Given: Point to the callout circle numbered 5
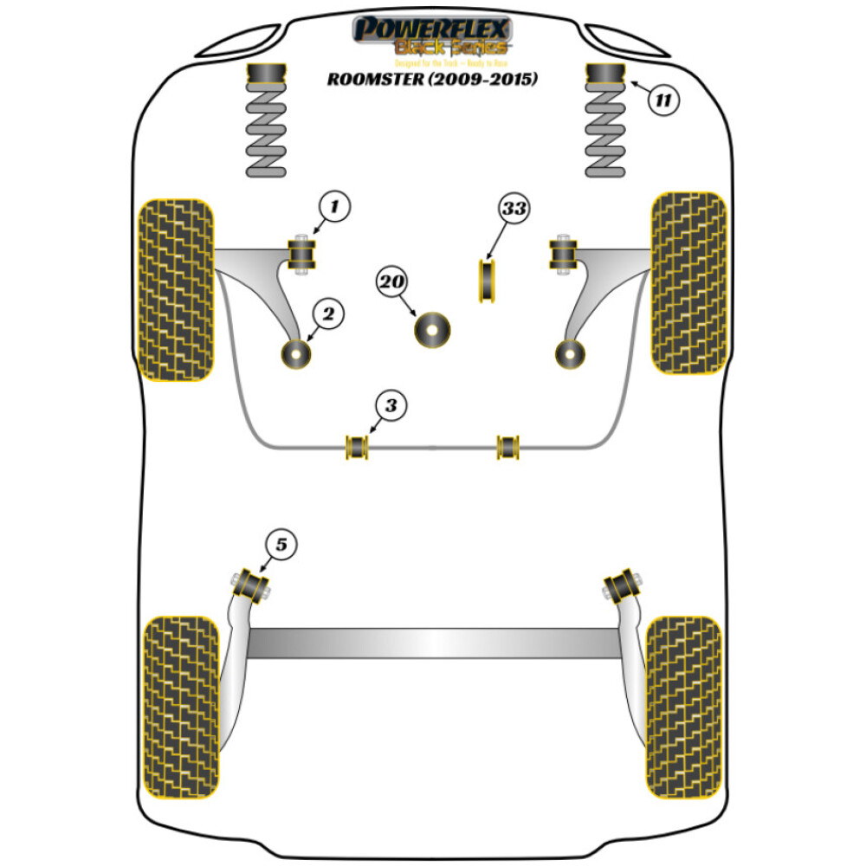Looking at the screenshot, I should point(281,545).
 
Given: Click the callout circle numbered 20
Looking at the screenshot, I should point(392,282).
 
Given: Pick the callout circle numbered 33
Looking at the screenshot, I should point(513,209).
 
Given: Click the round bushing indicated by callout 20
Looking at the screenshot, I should point(432,330).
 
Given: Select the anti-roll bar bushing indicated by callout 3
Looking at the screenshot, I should point(357,446).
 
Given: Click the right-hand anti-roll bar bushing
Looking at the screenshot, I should point(508,446).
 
